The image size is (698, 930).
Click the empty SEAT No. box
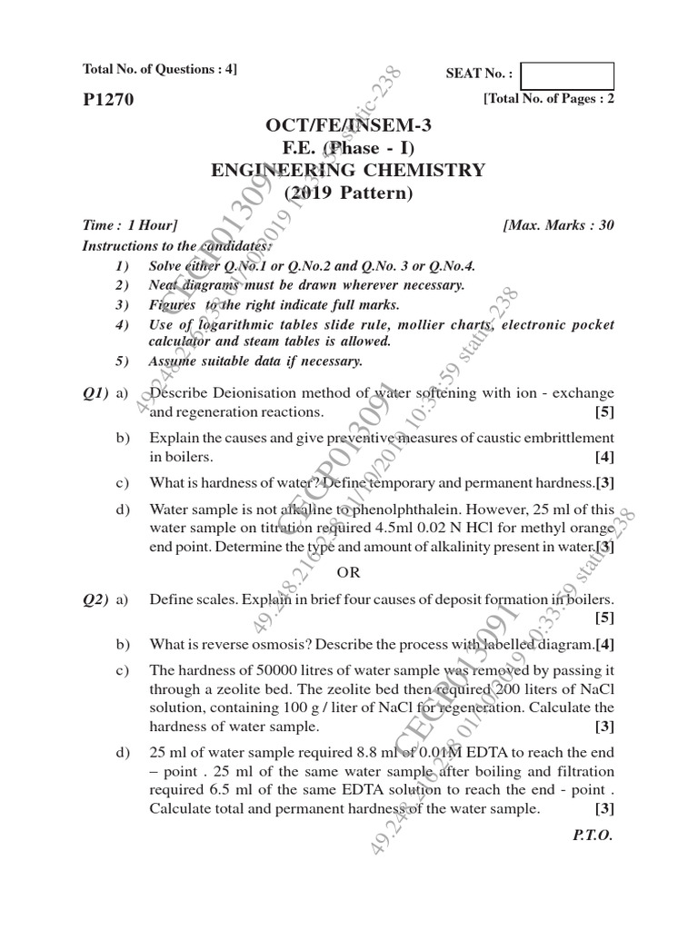pyautogui.click(x=568, y=75)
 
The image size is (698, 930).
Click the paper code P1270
pyautogui.click(x=108, y=101)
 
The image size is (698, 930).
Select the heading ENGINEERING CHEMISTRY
pyautogui.click(x=349, y=170)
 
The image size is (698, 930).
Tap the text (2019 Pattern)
pyautogui.click(x=349, y=193)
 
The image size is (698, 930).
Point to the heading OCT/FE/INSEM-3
pyautogui.click(x=349, y=125)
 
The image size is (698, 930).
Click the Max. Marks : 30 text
pyautogui.click(x=558, y=225)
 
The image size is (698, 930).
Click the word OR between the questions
pyautogui.click(x=349, y=572)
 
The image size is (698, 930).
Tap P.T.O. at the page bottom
pyautogui.click(x=593, y=836)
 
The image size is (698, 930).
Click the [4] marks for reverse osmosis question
pyautogui.click(x=605, y=645)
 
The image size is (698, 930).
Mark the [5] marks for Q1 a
pyautogui.click(x=603, y=411)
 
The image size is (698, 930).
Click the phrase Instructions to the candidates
pyautogui.click(x=176, y=246)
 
